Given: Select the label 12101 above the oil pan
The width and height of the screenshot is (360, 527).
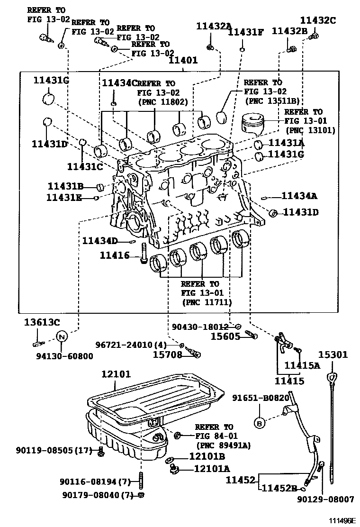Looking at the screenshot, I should click(116, 374).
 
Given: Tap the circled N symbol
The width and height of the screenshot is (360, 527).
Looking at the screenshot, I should click(62, 337).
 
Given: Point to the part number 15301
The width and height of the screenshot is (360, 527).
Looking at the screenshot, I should click(333, 354).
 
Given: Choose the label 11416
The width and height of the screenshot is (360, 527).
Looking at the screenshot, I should click(115, 255).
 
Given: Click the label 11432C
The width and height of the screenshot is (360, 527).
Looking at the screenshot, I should click(318, 20).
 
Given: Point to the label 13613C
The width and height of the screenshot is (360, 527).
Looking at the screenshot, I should click(42, 323).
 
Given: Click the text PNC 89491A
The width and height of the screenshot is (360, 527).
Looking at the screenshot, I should click(223, 445).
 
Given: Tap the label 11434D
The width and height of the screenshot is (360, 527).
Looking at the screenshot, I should click(99, 241).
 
